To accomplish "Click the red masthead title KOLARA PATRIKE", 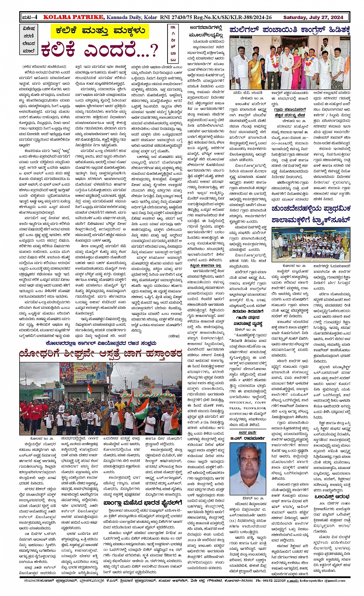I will pos(74,17).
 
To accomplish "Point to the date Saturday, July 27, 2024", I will pos(313,17).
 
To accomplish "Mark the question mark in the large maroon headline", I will pos(153,50).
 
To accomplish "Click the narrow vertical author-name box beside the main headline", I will pos(173,44).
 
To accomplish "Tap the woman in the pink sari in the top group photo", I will pos(297,71).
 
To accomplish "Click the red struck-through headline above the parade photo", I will pos(101,354).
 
